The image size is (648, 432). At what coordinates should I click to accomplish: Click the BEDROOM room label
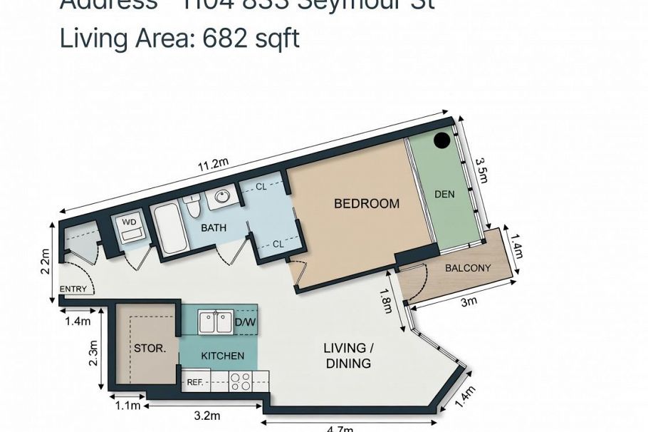tap(367, 204)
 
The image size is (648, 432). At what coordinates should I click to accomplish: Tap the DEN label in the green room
tap(444, 194)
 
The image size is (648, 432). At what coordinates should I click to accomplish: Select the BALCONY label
tap(468, 268)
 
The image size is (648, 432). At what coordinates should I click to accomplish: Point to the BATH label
tap(214, 228)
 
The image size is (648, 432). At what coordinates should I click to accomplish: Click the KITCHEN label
tap(222, 356)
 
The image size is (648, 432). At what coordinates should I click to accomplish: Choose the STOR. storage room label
tap(150, 349)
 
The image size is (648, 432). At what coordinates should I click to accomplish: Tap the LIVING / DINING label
tap(348, 356)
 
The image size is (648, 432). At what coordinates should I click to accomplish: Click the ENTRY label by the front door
tap(73, 289)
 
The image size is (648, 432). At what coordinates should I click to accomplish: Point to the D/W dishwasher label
tap(244, 322)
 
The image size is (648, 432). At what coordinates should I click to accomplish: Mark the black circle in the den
tap(442, 140)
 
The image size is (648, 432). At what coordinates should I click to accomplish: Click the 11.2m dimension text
tap(213, 165)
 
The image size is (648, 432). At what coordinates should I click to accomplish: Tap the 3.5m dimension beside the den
tap(482, 170)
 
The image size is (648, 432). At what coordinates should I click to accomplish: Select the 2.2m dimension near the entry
tap(45, 261)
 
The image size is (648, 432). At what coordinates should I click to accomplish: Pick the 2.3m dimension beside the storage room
tap(93, 352)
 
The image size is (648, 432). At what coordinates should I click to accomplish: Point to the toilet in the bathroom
tap(192, 206)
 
